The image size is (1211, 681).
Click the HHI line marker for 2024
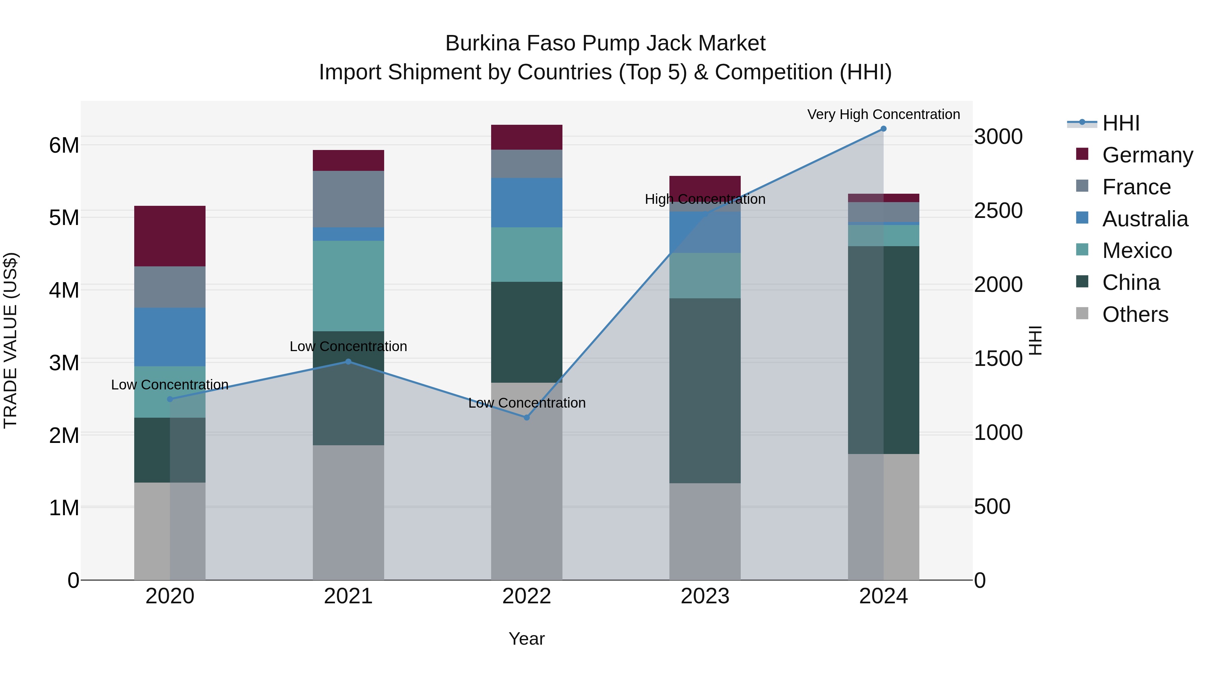pos(883,129)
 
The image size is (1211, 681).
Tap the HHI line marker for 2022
pos(526,417)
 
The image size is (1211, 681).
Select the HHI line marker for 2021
pos(348,362)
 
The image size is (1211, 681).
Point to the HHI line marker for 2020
pos(170,399)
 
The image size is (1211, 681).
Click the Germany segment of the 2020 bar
pos(170,236)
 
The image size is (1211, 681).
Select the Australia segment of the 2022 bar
pos(526,202)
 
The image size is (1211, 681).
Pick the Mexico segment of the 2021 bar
pos(348,286)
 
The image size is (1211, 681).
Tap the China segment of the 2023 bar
pos(705,390)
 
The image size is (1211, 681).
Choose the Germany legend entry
pos(1147,155)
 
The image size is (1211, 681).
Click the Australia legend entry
pos(1145,219)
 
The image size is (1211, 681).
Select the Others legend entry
pos(1135,314)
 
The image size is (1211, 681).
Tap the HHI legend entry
pos(1121,123)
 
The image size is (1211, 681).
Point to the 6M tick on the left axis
pos(64,145)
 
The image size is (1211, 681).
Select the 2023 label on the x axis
pos(705,596)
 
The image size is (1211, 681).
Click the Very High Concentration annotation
pos(883,114)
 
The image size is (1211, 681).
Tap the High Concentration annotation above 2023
pos(705,199)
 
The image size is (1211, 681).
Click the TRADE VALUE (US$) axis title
pos(10,340)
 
